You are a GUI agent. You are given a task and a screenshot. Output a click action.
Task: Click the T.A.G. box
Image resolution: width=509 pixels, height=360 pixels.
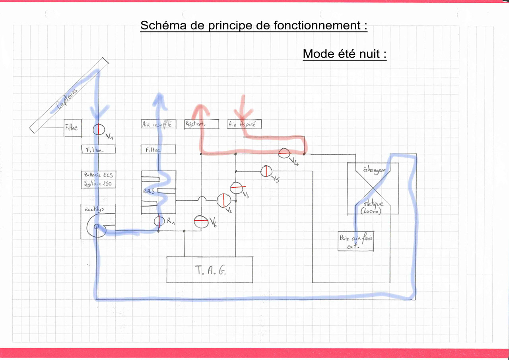(x=210, y=269)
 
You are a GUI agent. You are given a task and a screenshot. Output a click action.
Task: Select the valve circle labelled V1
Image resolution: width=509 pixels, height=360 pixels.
(x=98, y=129)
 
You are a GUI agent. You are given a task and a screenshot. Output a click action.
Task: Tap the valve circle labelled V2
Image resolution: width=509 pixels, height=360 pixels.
(x=224, y=200)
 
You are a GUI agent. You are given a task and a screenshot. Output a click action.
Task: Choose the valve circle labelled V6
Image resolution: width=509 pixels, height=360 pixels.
(x=201, y=222)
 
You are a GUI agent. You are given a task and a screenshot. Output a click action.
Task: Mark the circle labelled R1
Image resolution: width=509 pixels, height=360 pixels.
(x=159, y=221)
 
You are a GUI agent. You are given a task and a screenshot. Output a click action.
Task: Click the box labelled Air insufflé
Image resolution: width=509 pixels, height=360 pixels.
(x=158, y=124)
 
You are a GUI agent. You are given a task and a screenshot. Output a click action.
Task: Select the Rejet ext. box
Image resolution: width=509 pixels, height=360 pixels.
(x=202, y=124)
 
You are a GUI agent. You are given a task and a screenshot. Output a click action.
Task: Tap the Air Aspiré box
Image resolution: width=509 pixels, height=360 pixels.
(x=244, y=124)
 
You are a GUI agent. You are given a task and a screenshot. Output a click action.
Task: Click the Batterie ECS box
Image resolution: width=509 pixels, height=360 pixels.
(x=98, y=179)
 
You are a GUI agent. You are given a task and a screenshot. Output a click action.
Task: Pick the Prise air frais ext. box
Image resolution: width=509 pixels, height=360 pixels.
(x=356, y=241)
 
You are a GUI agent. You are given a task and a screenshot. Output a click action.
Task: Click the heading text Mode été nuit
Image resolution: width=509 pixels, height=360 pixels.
(x=344, y=54)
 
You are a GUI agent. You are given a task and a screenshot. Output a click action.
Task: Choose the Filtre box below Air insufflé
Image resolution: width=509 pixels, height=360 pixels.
(x=158, y=150)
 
